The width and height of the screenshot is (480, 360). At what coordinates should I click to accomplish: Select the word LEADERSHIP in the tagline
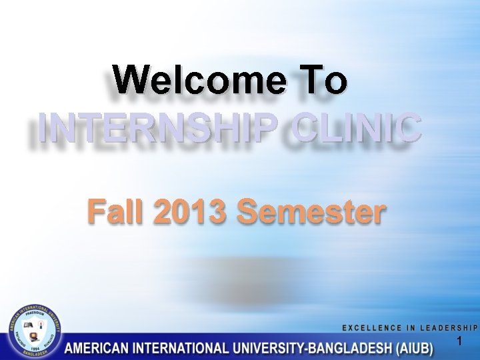[x=447, y=327]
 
